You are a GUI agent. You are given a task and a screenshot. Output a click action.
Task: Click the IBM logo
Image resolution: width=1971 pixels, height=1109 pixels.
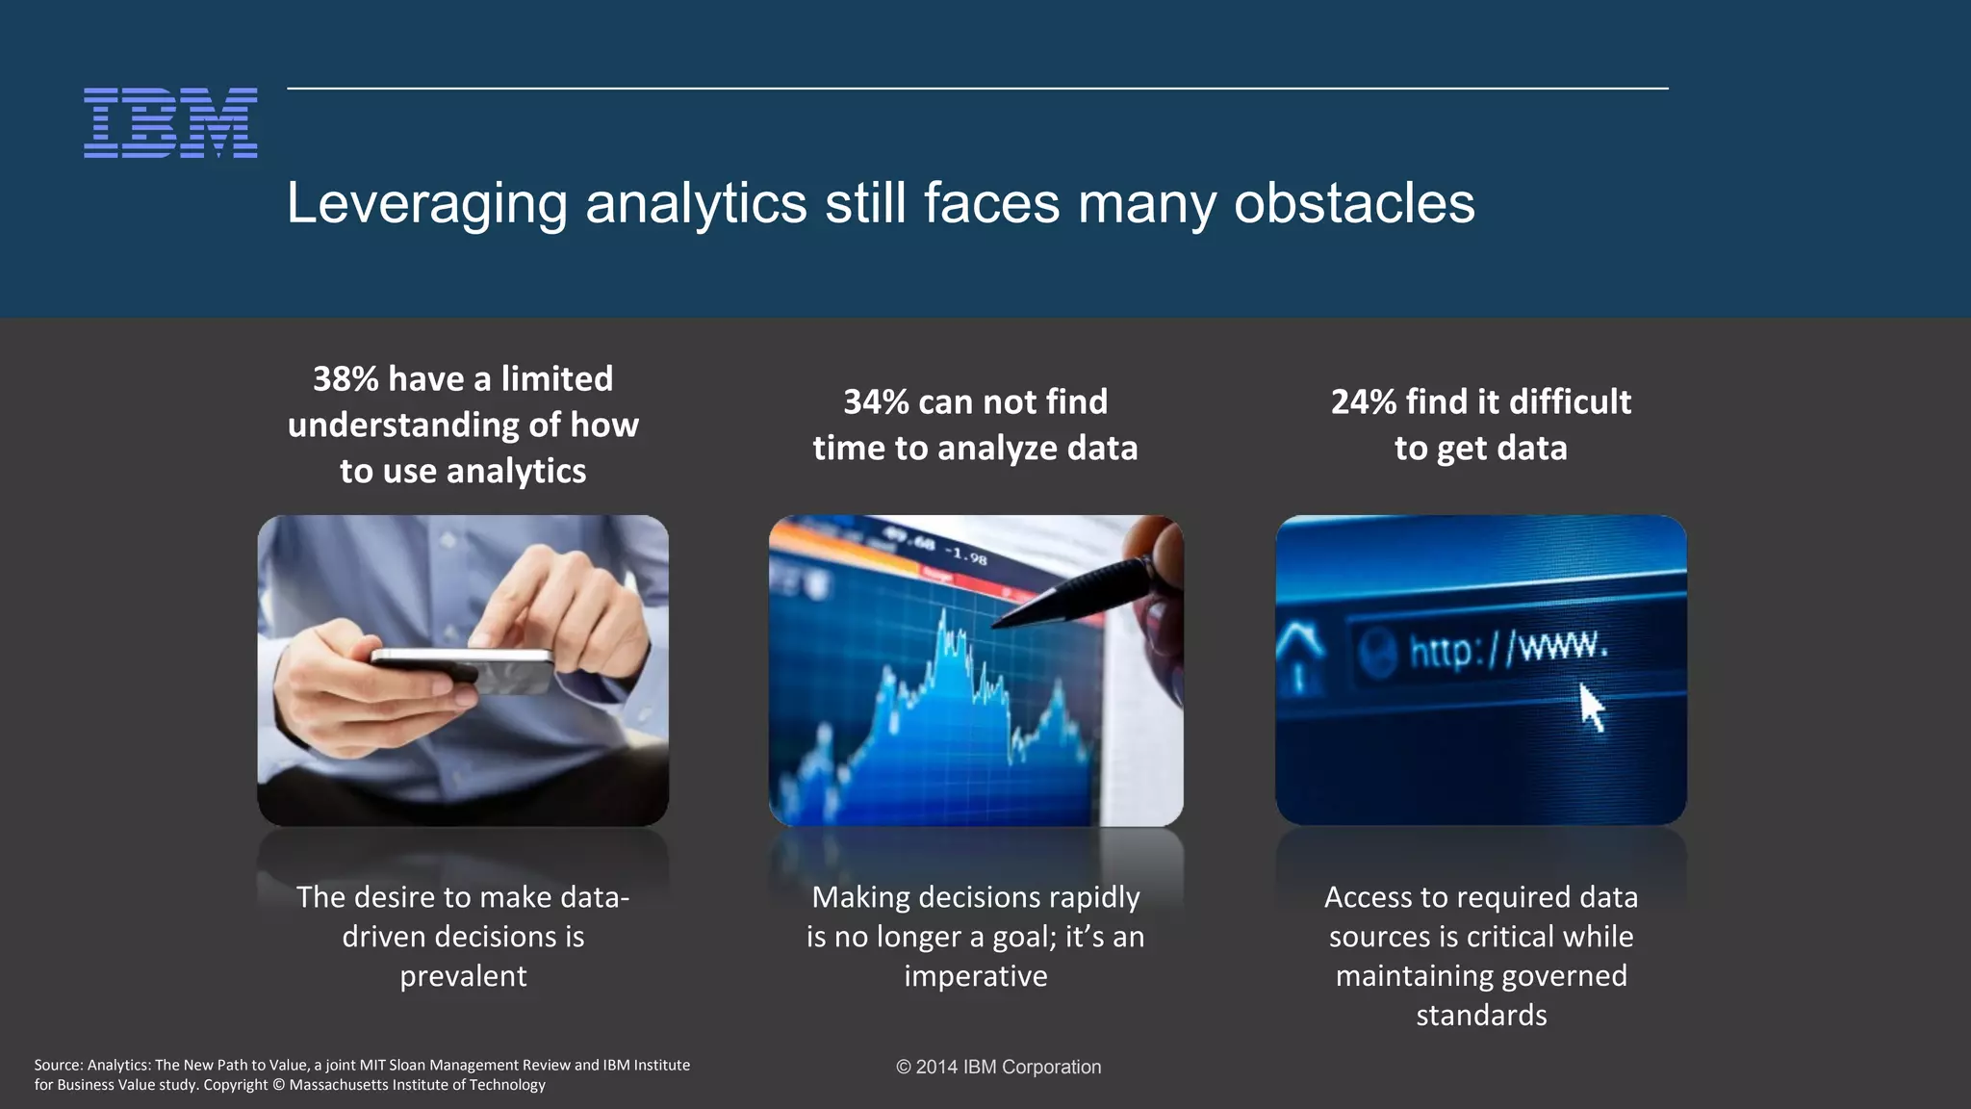[170, 123]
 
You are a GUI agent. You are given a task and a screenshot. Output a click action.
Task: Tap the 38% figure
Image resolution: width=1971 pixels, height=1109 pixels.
[346, 379]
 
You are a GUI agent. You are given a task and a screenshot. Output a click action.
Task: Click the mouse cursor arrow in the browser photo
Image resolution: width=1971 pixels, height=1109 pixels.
[1592, 708]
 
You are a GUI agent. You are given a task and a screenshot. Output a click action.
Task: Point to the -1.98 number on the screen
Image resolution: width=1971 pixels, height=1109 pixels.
[965, 555]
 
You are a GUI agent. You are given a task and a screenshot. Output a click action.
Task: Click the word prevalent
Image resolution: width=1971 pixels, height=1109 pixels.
[463, 976]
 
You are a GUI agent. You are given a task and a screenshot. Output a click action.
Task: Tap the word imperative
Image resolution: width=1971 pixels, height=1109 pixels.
[975, 976]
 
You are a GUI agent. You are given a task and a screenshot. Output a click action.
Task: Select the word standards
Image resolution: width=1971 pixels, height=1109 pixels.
[1481, 1016]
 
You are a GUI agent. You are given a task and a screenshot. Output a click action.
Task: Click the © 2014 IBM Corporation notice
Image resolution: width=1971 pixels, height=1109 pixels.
[998, 1067]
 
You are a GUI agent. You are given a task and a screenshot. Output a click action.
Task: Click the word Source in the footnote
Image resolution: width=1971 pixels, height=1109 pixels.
[58, 1065]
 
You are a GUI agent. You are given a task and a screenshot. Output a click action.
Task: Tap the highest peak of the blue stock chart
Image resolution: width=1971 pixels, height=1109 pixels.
[943, 616]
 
